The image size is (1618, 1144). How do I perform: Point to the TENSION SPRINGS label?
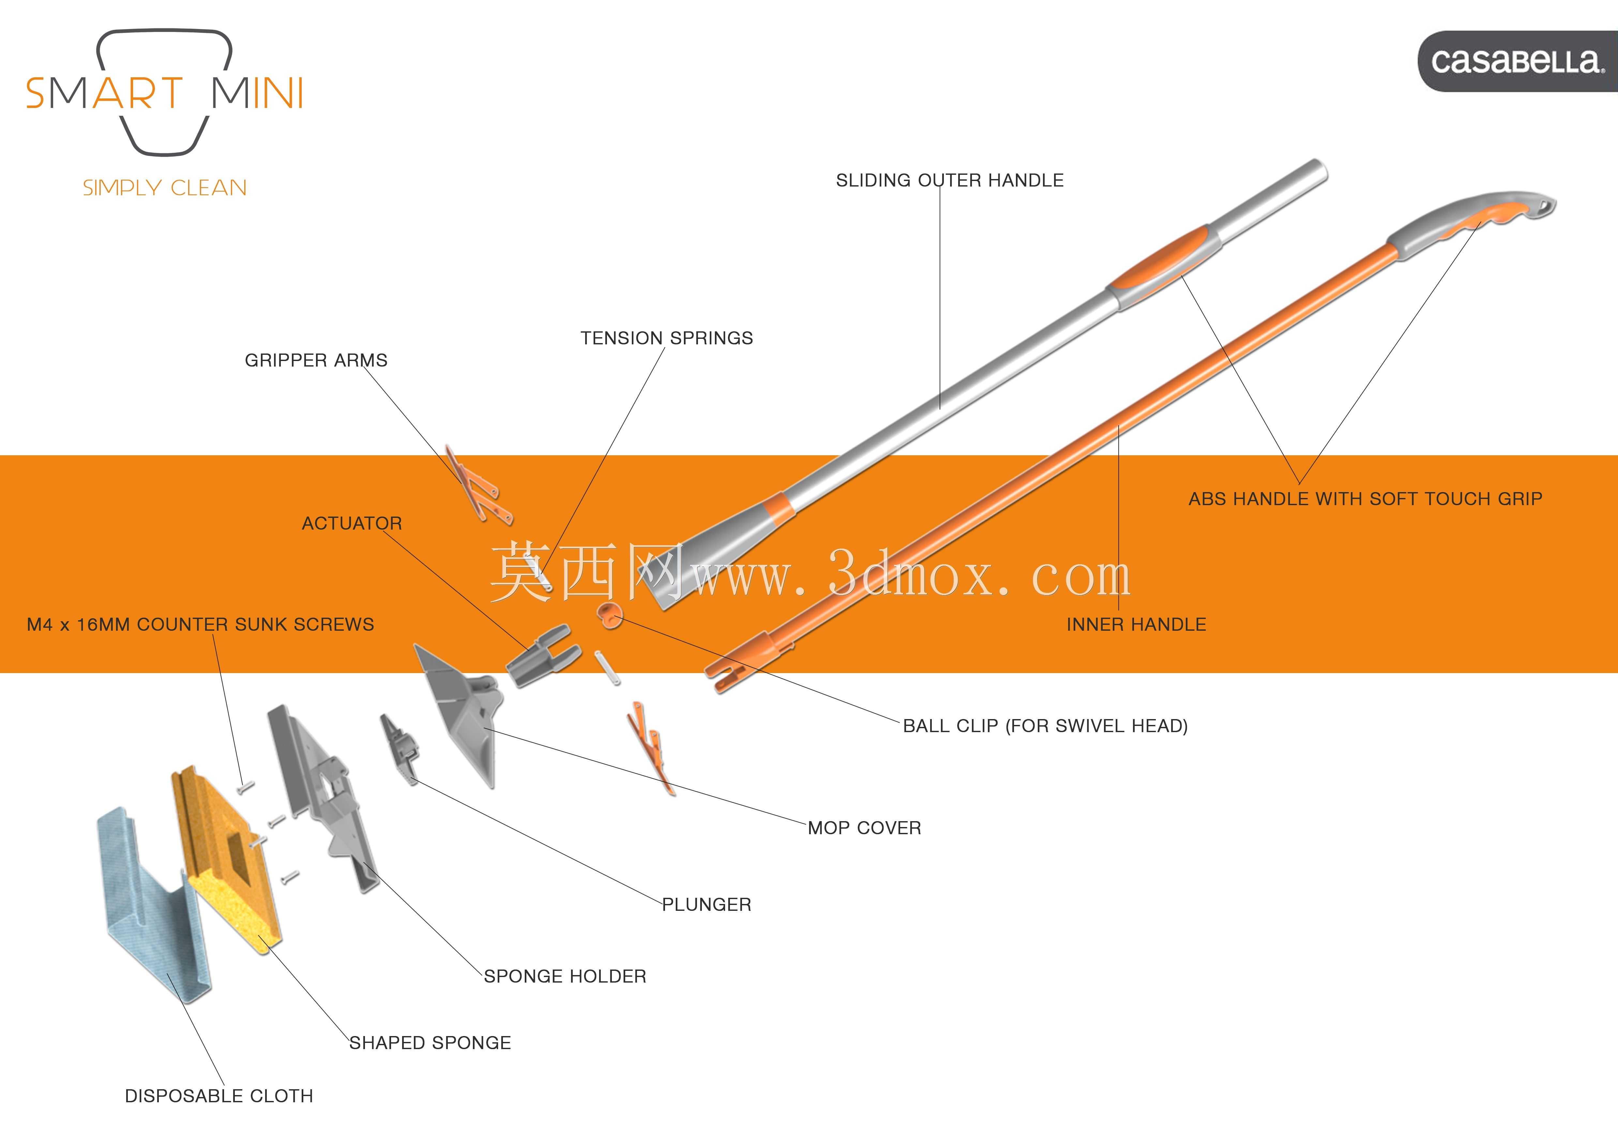667,338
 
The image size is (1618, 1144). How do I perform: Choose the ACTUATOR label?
352,523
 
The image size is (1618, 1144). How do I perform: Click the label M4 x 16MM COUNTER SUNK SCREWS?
200,625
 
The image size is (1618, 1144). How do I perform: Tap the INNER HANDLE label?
1136,625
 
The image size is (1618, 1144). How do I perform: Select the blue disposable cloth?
152,905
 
